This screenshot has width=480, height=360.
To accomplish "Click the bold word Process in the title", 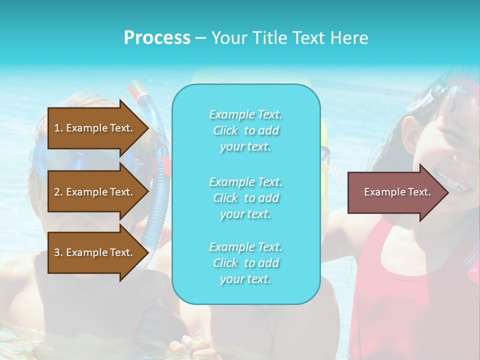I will coord(157,38).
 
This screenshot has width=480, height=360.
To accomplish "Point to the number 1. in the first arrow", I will coord(58,128).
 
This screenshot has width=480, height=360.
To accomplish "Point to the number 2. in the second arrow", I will coord(58,192).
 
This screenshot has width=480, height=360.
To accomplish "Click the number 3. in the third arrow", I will coord(58,252).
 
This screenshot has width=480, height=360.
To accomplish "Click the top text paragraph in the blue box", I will coord(245,130).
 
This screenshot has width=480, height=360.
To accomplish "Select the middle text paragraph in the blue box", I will coord(245,198).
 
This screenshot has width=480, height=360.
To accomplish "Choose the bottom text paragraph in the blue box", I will coord(245,263).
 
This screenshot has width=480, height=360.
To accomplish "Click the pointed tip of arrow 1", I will coord(146,128).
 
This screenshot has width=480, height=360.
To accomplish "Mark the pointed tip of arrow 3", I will coord(146,252).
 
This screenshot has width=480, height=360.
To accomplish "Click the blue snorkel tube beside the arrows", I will coord(161,200).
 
